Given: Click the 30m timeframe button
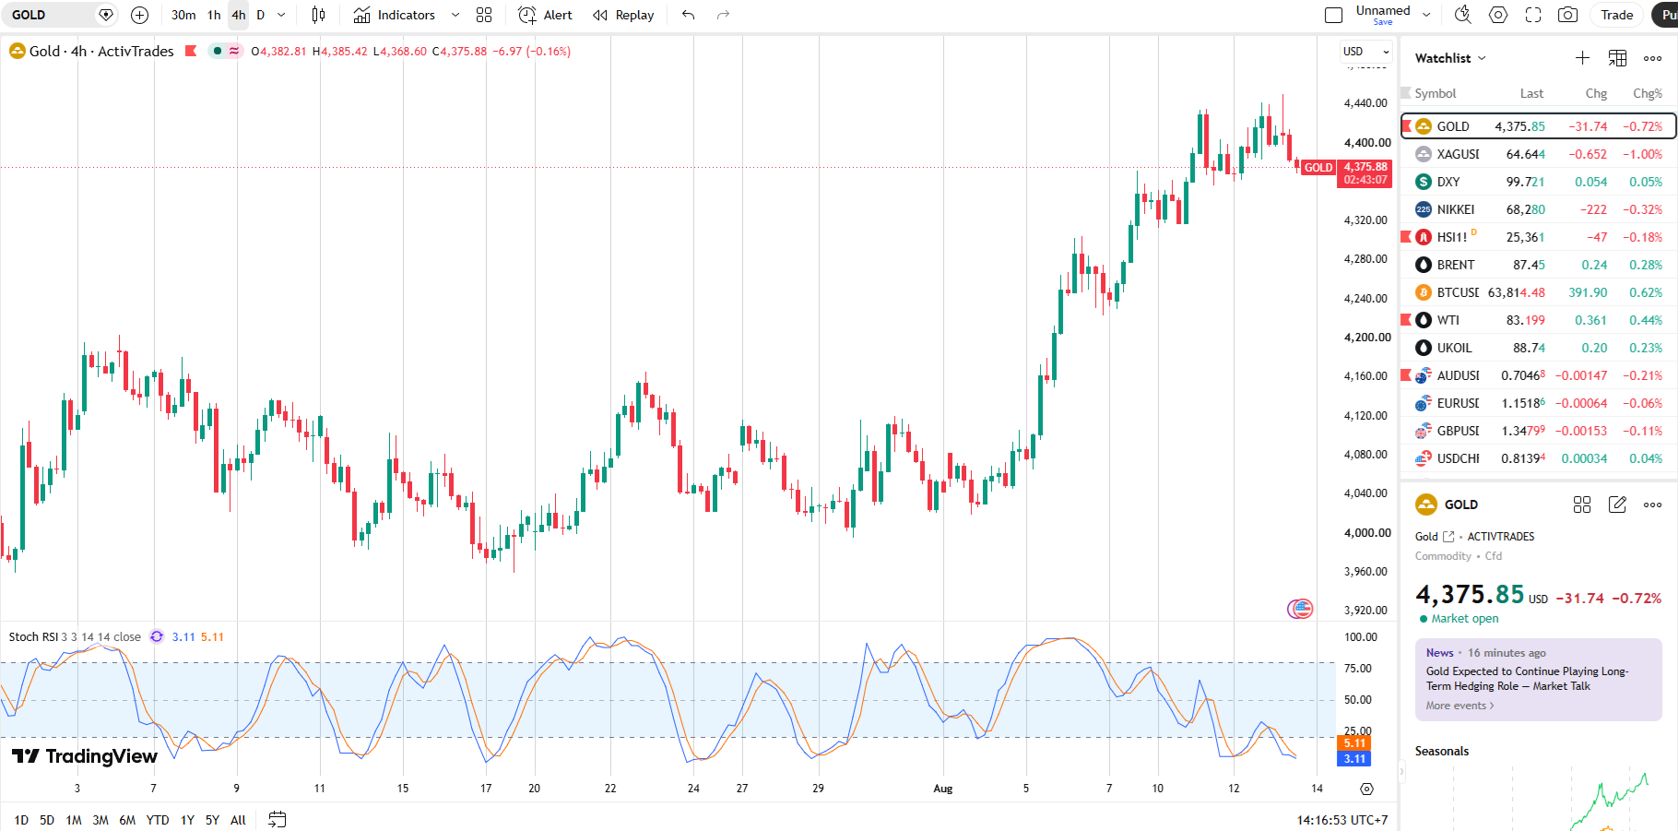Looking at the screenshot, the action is point(183,15).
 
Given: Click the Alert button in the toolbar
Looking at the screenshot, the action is point(546,15).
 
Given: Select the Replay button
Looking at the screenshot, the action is point(623,15).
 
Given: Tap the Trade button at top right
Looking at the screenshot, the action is point(1616,15).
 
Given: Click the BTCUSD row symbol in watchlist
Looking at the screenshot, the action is point(1458,292).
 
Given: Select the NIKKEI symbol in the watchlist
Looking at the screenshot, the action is point(1456,209).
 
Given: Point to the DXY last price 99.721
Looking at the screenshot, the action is point(1525,182).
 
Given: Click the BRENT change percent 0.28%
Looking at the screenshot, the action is point(1646,265).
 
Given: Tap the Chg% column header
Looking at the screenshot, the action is point(1648,93).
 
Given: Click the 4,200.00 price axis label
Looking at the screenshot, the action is point(1366,338).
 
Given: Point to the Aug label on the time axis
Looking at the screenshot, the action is point(942,789).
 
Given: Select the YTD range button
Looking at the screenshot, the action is point(158,820).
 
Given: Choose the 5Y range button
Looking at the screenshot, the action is point(212,820).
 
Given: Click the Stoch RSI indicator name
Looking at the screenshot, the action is point(33,637).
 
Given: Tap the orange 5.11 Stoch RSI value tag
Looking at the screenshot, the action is point(1354,743).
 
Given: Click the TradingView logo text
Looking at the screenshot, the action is point(101,756).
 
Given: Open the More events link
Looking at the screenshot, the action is point(1459,706).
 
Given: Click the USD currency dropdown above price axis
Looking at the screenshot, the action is point(1365,52).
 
